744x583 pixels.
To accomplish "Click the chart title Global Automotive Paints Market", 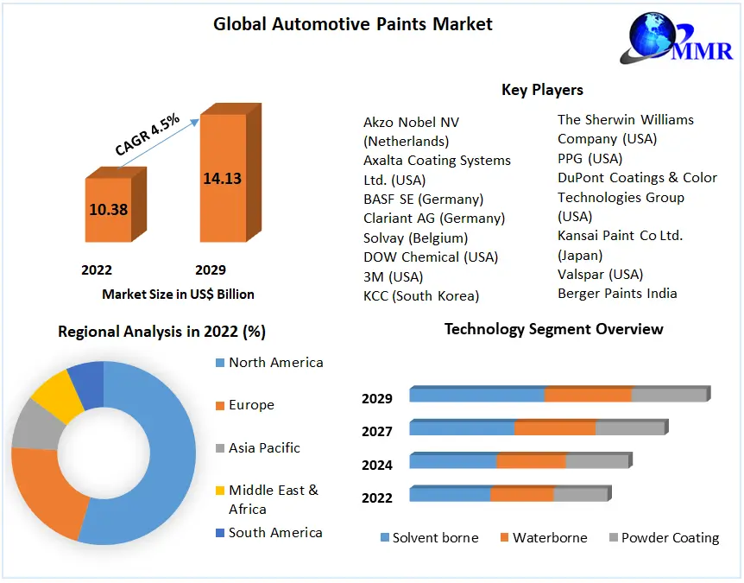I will coord(353,24).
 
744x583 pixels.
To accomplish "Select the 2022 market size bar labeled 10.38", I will coord(108,209).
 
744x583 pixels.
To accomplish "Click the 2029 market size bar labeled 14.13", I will coord(223,179).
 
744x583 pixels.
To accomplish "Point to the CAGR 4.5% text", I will coord(148,135).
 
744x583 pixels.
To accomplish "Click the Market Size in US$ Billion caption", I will coord(178,295).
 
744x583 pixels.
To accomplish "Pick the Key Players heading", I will coord(542,90).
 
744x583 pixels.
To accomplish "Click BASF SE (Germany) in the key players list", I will coord(423,200).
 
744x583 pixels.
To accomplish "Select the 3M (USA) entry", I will coord(394,276).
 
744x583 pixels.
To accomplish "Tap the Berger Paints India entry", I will coord(617,294).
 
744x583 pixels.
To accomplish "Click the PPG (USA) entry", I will coord(590,159).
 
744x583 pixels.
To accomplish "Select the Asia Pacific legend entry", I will coord(264,448).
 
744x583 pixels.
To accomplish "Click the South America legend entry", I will coord(274,533).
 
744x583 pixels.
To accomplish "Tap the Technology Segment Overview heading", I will coord(553,329).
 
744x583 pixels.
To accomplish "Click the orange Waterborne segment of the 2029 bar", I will coord(588,395).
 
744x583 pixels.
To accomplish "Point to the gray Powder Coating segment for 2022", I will coord(580,495).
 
